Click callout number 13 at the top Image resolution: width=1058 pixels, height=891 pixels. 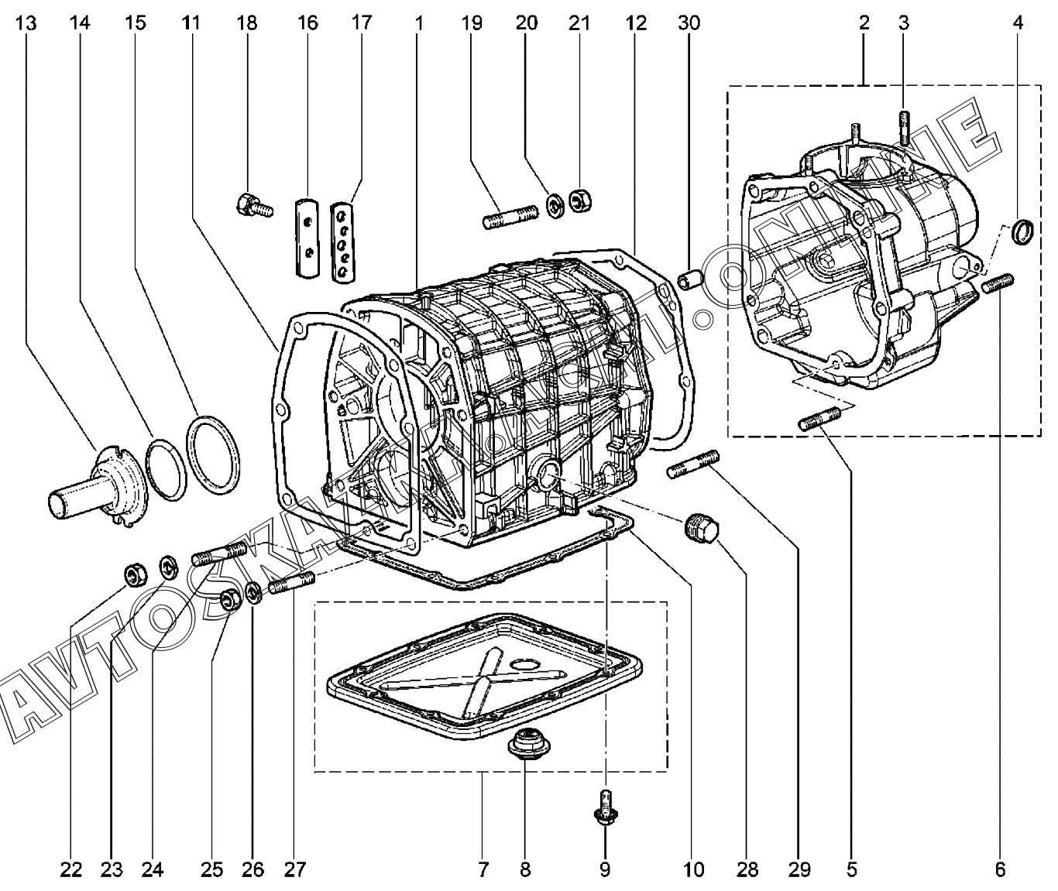pos(26,23)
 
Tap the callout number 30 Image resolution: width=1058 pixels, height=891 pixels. pos(689,23)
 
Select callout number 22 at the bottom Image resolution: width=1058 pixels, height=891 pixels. pos(71,870)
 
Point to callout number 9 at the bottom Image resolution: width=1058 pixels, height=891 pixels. pos(604,870)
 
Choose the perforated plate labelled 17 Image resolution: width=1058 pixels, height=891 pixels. pos(342,242)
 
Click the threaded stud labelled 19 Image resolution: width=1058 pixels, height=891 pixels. pos(510,216)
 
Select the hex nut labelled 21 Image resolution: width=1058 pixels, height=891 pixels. pos(580,200)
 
